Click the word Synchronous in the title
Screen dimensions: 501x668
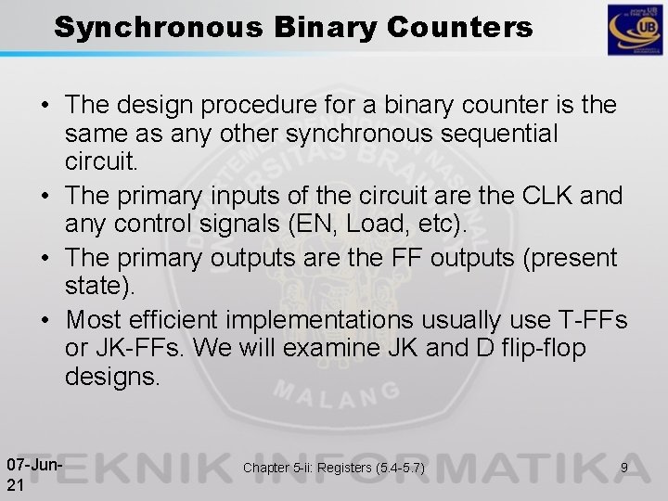157,28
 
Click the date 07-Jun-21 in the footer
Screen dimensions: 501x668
33,471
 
